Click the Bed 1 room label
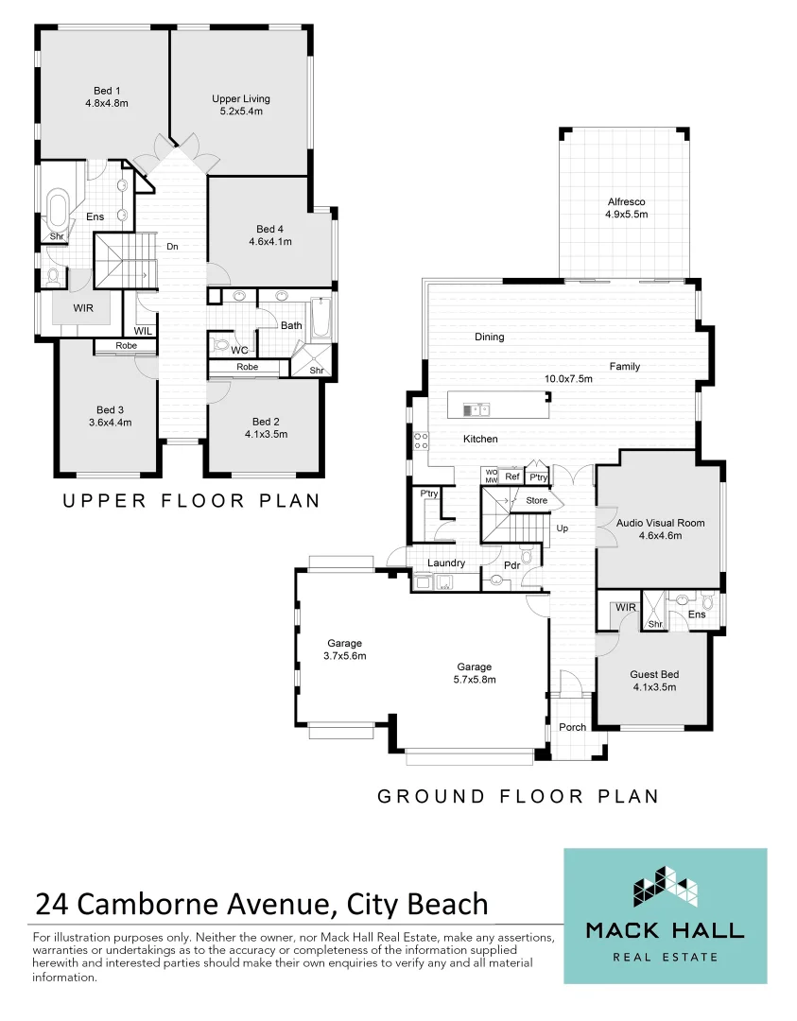106,96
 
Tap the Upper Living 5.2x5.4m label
240,104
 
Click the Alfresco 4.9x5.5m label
626,208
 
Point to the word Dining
490,337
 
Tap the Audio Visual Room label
660,528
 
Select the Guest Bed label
654,681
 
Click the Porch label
572,727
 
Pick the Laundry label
446,563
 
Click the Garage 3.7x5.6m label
344,649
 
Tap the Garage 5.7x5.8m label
476,672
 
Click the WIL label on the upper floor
143,331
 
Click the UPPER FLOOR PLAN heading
191,501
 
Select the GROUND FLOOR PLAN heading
517,797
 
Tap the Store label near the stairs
537,500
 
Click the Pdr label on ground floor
511,565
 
